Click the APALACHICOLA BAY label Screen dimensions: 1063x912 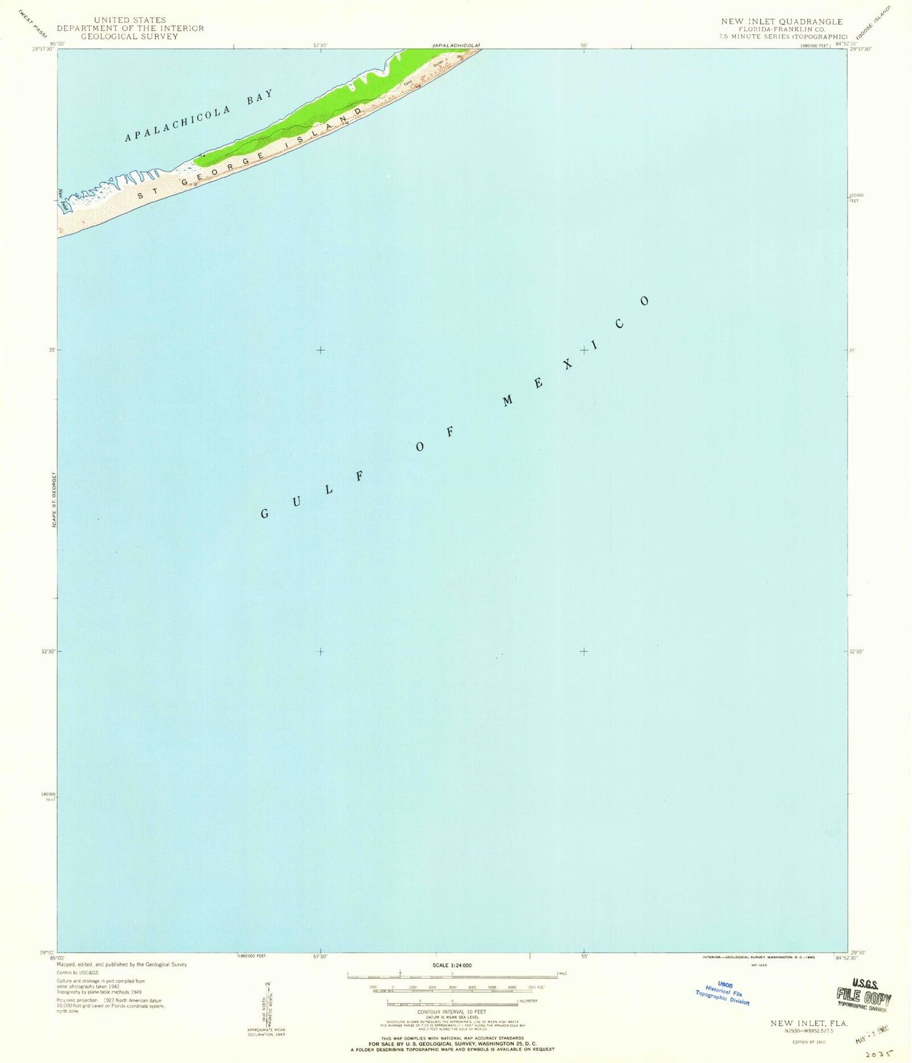(x=199, y=115)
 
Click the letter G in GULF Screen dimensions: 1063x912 (x=265, y=514)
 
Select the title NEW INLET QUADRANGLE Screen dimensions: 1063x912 (x=782, y=21)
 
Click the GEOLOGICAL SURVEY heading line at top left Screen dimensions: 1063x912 (x=130, y=36)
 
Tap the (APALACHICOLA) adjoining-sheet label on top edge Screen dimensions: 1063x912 (x=456, y=45)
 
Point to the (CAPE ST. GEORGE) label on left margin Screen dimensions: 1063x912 (x=55, y=499)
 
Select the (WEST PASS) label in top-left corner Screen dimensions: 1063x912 (x=33, y=23)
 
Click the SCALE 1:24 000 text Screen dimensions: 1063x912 (x=452, y=965)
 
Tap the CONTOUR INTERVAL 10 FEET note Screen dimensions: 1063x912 (x=451, y=1011)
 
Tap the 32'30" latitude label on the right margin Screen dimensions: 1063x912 (x=856, y=651)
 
